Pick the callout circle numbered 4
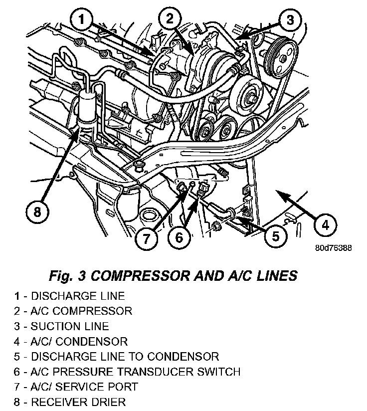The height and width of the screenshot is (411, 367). click(x=324, y=225)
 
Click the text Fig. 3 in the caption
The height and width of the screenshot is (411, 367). click(x=68, y=275)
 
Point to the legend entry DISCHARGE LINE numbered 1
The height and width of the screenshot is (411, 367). click(x=69, y=296)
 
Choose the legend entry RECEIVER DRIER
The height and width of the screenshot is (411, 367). click(x=70, y=401)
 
